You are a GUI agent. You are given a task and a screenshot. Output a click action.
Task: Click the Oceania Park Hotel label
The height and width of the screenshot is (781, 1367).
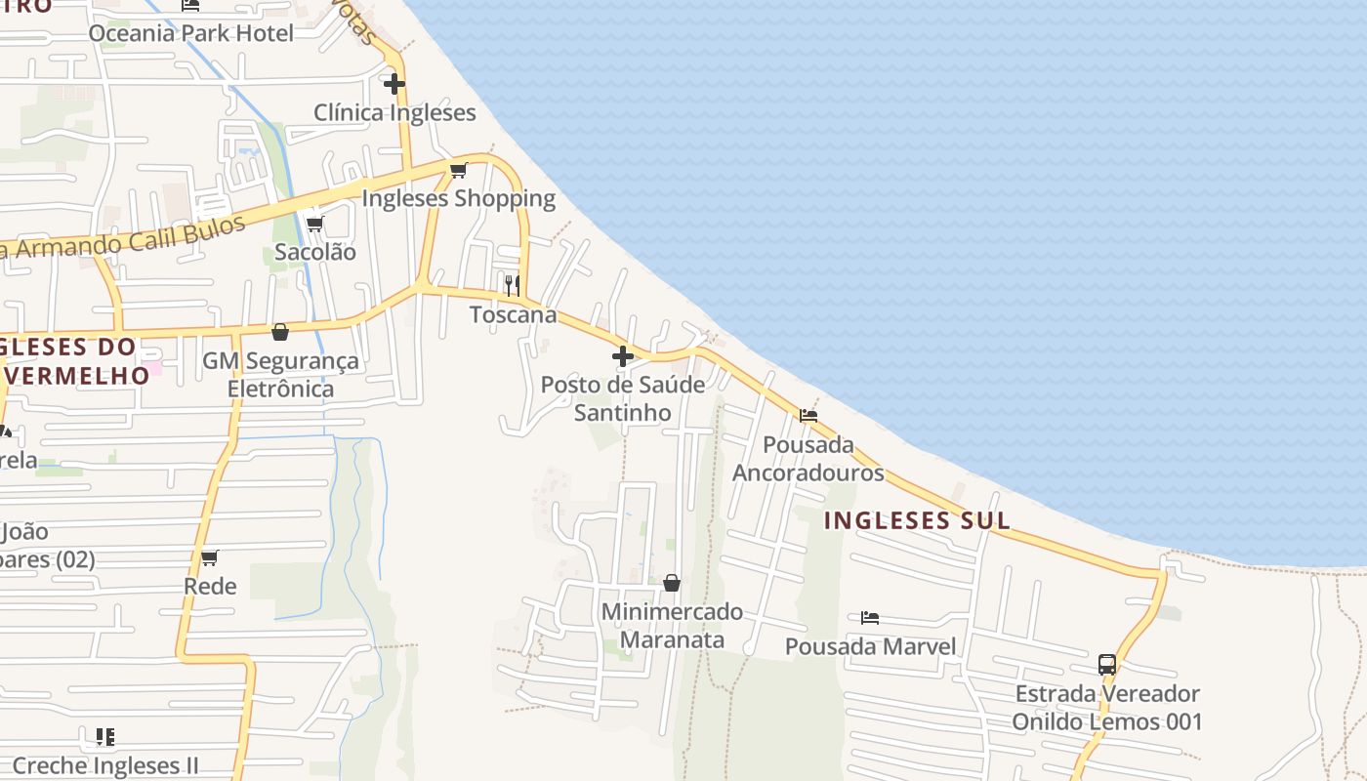[x=190, y=33]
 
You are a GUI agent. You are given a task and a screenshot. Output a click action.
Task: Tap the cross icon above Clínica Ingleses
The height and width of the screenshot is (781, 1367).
[x=394, y=84]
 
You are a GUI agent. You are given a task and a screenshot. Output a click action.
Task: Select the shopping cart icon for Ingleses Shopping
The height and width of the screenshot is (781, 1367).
[x=459, y=171]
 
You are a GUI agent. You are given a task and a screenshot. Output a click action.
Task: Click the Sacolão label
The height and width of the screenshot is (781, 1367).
[x=315, y=252]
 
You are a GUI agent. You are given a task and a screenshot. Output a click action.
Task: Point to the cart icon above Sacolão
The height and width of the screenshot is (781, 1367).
[x=315, y=224]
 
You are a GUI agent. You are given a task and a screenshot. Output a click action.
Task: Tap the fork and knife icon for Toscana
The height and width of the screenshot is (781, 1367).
[x=512, y=285]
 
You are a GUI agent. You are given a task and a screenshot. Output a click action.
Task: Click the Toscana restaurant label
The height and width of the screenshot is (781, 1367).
[x=513, y=314]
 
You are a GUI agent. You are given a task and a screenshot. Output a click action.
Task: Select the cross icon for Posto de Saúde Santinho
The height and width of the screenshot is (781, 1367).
[x=623, y=356]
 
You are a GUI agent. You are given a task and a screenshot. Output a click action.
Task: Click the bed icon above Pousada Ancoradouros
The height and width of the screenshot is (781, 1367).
[x=808, y=416]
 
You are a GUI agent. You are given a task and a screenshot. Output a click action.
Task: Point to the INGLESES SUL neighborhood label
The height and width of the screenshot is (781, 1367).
[x=917, y=520]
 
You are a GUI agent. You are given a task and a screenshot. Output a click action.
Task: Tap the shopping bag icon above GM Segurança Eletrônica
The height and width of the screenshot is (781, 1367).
[x=280, y=332]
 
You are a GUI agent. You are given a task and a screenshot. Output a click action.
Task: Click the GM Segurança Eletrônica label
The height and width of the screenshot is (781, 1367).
[x=280, y=375]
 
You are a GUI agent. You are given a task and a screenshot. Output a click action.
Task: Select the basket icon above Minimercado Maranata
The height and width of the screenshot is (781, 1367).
[x=672, y=583]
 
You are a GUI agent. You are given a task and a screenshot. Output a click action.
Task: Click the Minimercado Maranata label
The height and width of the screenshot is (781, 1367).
[x=672, y=626]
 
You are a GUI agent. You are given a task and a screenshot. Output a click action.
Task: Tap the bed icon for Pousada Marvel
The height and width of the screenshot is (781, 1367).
[x=870, y=618]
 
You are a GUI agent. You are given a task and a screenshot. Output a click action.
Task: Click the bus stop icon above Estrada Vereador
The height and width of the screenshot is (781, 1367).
[x=1107, y=665]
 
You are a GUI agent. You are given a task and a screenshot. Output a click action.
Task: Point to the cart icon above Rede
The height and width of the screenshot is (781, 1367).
[x=210, y=558]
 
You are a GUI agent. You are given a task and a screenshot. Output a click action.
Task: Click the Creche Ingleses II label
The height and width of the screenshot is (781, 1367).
[x=105, y=765]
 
